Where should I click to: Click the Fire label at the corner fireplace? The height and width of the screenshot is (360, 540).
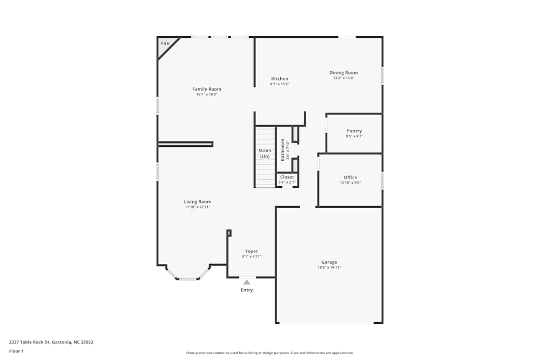[x=165, y=43]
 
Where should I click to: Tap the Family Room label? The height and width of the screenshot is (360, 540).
[x=207, y=89]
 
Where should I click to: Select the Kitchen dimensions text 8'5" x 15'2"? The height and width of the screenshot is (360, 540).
[x=280, y=84]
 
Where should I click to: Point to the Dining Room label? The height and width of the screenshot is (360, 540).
[x=343, y=73]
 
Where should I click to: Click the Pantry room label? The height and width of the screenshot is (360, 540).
[x=354, y=131]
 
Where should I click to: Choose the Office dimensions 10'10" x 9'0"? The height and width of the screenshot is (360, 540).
[x=350, y=183]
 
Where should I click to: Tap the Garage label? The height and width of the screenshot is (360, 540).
[x=329, y=262]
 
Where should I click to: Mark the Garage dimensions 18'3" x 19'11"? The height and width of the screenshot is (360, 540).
[x=329, y=268]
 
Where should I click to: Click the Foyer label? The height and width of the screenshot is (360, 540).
[x=252, y=252]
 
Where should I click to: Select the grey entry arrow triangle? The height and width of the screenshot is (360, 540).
[x=247, y=282]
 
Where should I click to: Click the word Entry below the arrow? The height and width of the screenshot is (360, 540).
[x=247, y=290]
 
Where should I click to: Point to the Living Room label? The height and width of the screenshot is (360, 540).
[x=198, y=202]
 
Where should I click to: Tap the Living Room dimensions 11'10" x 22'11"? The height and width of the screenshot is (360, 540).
[x=198, y=207]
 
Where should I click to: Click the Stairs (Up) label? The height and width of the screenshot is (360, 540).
[x=265, y=154]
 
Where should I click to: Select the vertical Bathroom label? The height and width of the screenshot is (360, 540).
[x=282, y=150]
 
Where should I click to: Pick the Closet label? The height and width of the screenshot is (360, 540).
[x=287, y=177]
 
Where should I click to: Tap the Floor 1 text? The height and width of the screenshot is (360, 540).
[x=16, y=351]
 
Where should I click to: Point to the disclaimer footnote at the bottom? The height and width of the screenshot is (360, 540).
[x=270, y=353]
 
